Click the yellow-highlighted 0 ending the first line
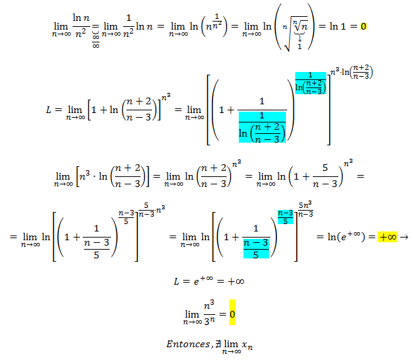click(363, 28)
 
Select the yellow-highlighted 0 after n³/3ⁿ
click(232, 314)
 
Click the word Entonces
click(186, 344)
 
